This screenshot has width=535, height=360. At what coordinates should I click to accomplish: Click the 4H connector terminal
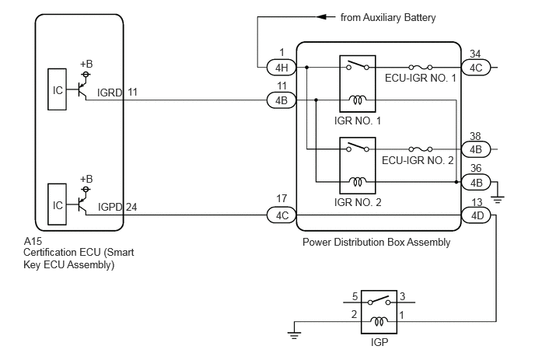tap(281, 68)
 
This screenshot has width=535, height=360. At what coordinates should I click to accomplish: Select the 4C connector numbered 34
tap(476, 68)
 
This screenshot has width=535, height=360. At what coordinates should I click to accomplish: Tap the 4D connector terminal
tap(476, 215)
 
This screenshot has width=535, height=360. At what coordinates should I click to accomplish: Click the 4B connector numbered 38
tap(476, 149)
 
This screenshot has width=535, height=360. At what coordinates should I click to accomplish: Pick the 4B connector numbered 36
tap(476, 182)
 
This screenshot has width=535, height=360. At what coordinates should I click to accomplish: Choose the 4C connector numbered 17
tap(281, 215)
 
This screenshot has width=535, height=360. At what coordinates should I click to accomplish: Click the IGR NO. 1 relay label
tap(358, 121)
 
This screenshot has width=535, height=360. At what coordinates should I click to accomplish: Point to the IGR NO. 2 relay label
tap(358, 202)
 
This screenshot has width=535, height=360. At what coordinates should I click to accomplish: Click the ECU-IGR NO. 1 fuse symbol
tap(421, 67)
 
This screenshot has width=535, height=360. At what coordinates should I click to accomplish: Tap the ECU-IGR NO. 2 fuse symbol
tap(421, 149)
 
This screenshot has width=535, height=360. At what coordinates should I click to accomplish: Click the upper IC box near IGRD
tap(57, 89)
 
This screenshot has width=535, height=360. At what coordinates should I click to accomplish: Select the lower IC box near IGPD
tap(57, 204)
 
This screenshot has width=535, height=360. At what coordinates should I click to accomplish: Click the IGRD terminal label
tap(110, 93)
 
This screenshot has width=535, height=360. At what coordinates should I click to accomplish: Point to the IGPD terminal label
tap(110, 207)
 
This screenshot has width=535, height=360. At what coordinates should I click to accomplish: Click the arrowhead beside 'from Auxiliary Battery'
tap(322, 17)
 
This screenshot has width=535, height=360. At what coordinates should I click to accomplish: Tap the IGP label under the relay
tap(379, 342)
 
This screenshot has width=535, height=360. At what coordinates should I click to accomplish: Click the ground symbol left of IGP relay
tap(294, 335)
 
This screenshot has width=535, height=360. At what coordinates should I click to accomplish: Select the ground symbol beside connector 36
tap(498, 200)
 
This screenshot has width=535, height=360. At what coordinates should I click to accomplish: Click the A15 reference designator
tap(33, 241)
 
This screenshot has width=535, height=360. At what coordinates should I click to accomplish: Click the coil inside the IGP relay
tap(379, 321)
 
